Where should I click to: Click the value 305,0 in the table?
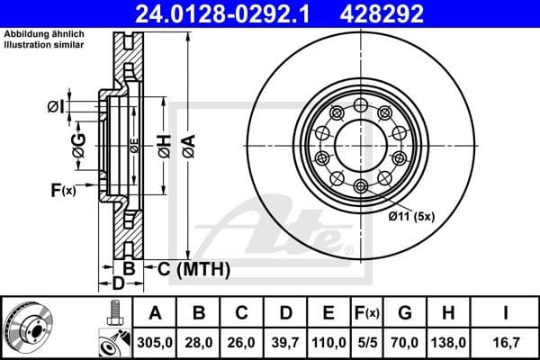pos(156,342)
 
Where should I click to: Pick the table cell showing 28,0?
pos(200,342)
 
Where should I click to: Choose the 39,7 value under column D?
pos(285,342)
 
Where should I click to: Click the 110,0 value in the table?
pos(328,342)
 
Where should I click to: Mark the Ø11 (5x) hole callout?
pos(411,216)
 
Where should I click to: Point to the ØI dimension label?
pos(55,108)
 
